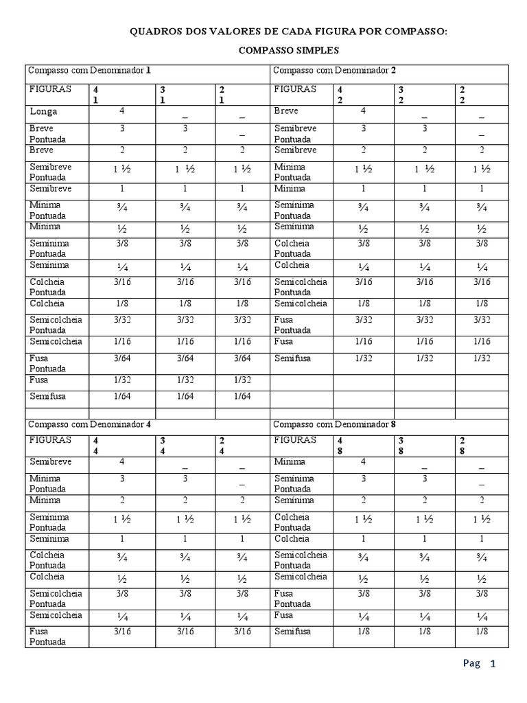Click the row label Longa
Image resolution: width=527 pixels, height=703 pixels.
coord(43,111)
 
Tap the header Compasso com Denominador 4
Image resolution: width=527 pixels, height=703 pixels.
coord(89,424)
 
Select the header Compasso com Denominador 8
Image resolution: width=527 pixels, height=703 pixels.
coord(334,424)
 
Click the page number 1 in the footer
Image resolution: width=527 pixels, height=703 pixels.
coord(492,664)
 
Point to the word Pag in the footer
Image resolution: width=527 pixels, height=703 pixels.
coord(471,664)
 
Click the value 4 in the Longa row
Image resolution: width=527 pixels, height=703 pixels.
coord(121,111)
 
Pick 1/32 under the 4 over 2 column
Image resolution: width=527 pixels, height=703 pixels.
coord(364,358)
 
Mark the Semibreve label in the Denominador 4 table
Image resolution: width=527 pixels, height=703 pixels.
coord(50,462)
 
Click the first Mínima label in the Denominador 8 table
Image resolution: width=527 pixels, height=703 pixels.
coord(290,462)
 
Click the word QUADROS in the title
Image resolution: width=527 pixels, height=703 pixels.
coord(158,32)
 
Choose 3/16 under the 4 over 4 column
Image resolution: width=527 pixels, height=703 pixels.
coord(121,632)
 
